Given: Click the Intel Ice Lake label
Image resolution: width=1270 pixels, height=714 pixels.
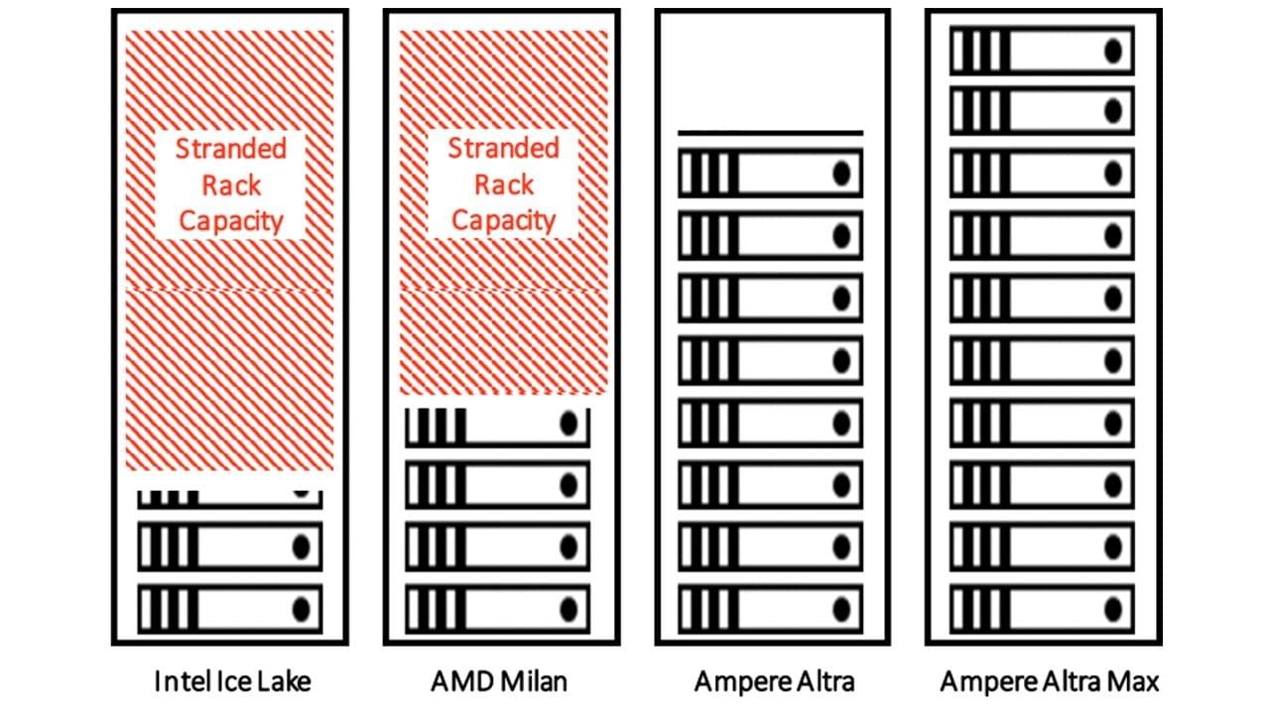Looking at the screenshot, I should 232,681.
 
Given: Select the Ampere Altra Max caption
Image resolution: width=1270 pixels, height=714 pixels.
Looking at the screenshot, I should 1049,681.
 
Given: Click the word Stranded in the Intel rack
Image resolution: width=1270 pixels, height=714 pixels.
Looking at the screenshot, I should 230,150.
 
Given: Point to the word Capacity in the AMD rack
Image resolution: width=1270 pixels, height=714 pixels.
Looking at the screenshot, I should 503,220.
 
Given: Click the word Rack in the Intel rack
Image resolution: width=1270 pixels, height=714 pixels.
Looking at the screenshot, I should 231,185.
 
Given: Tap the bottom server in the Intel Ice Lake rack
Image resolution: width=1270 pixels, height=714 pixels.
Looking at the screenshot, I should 230,608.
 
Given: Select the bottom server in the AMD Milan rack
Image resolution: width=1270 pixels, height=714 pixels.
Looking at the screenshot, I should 497,608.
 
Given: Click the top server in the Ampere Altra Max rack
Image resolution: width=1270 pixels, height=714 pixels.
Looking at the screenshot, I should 1041,51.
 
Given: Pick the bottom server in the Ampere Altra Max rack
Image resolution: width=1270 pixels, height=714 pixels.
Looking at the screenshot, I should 1041,604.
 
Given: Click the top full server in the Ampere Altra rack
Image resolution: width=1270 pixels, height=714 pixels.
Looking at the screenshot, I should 770,173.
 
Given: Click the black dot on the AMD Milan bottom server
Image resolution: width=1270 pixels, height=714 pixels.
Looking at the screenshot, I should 569,608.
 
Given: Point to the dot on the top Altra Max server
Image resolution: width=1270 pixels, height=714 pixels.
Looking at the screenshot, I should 1113,51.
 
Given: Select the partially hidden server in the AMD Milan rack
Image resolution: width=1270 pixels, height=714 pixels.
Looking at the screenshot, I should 497,425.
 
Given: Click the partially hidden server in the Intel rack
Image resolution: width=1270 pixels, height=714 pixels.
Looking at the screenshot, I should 230,496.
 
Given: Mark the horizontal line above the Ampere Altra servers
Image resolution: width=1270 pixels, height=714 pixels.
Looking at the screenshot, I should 770,132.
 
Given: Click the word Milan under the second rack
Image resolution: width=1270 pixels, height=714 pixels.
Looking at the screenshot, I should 540,681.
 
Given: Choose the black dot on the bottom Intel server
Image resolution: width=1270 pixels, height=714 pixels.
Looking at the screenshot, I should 302,608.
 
